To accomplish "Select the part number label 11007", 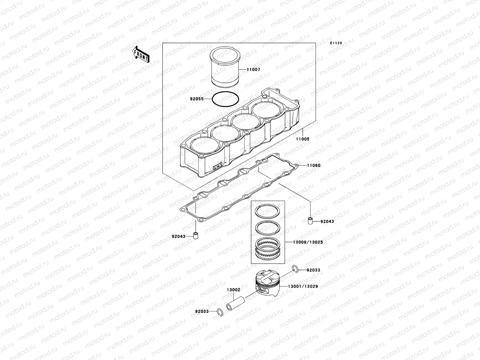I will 253,70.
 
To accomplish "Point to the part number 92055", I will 196,98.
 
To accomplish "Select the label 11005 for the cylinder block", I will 303,139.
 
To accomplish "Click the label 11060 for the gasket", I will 314,165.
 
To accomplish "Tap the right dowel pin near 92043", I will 311,221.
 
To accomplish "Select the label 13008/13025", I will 308,242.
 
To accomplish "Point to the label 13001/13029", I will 303,286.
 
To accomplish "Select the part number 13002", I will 233,290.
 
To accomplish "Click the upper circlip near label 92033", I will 295,269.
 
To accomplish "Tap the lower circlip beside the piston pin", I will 220,313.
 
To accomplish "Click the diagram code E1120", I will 336,43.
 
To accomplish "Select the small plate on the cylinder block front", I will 217,167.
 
